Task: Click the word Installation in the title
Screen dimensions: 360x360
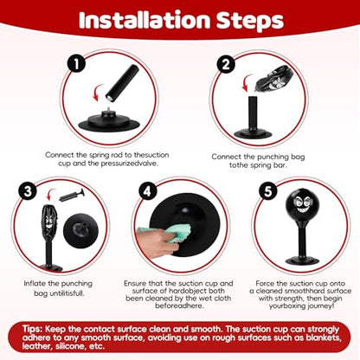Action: (145, 20)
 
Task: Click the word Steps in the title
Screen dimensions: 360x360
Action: (250, 21)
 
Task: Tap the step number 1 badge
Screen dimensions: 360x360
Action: (76, 64)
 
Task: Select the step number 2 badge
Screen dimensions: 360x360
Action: (226, 64)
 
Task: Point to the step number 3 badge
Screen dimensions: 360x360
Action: (28, 191)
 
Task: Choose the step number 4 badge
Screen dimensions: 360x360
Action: (147, 191)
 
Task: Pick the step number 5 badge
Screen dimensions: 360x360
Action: (268, 191)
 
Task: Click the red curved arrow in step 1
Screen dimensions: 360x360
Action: (98, 93)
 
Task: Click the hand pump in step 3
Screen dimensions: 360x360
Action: (72, 196)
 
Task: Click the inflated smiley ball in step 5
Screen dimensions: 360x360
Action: (301, 203)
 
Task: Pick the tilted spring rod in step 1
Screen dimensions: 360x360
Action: (122, 83)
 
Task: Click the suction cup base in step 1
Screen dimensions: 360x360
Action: (109, 123)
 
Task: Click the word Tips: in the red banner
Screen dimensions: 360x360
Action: (33, 329)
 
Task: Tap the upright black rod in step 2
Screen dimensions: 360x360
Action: (253, 113)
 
